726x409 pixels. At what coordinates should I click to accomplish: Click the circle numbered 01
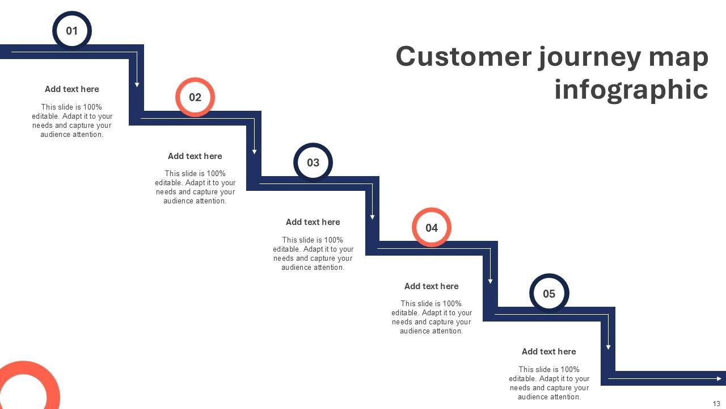coord(72,31)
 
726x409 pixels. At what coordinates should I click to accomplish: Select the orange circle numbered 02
coord(195,97)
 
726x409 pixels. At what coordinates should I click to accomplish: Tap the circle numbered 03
coord(313,162)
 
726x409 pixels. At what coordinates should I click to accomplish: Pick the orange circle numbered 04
coord(432,228)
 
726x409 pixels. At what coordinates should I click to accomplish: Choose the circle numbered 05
coord(549,294)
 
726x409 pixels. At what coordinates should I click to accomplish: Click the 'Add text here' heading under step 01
coord(72,89)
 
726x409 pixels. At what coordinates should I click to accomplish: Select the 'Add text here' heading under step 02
coord(195,156)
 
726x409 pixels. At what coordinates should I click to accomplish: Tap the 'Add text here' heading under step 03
coord(313,222)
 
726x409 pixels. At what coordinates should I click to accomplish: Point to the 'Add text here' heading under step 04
coord(432,286)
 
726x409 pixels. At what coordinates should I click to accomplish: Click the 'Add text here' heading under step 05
coord(549,352)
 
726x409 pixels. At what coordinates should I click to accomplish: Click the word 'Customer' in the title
coord(464,57)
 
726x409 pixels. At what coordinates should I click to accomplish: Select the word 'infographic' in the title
coord(631,90)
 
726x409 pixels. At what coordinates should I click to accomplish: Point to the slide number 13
coord(716,403)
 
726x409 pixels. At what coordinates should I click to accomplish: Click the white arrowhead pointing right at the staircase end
coord(720,378)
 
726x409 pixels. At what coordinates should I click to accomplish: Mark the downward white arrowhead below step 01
coord(137,84)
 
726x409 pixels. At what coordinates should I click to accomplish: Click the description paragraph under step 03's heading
coord(313,253)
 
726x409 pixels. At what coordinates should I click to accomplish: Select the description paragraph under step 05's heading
coord(549,383)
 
